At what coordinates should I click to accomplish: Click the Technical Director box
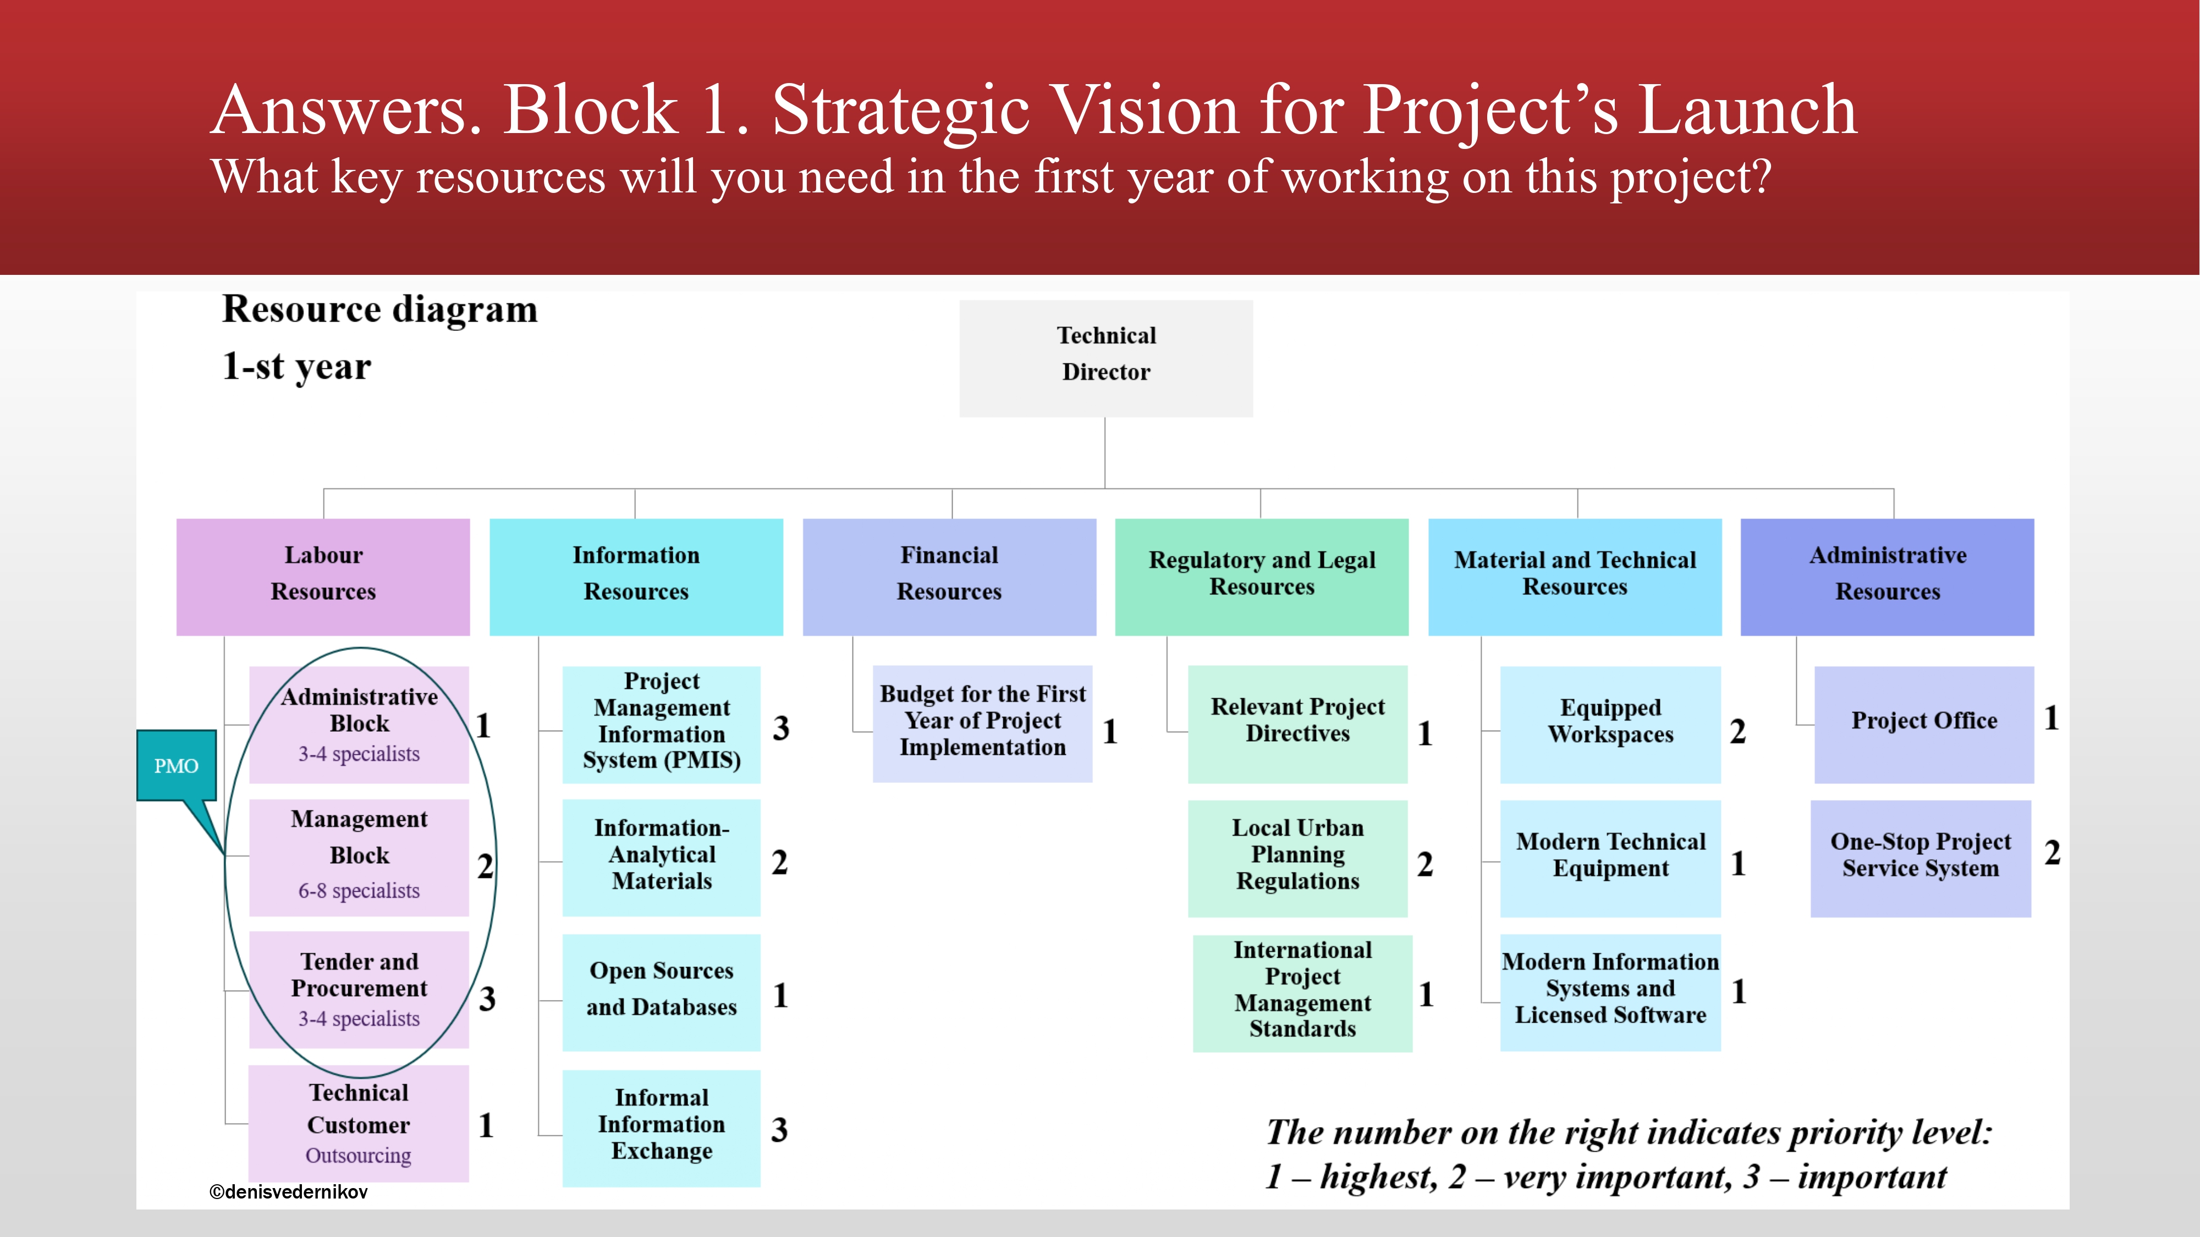pos(1106,358)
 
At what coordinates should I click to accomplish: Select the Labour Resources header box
pos(323,577)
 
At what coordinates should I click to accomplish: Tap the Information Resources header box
pos(636,577)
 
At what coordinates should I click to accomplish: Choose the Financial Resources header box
pos(950,577)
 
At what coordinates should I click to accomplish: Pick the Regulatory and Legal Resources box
pos(1262,577)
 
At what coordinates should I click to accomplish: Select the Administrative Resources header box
pos(1888,577)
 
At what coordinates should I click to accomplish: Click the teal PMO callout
pos(177,766)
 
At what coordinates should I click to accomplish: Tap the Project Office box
pos(1924,725)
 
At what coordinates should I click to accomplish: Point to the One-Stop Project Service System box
pos(1921,859)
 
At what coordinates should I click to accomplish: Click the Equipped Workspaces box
pos(1611,725)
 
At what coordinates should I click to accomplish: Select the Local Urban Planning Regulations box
pos(1298,859)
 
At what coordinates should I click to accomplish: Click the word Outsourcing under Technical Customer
pos(359,1155)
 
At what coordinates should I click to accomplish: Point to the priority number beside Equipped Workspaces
pos(1738,732)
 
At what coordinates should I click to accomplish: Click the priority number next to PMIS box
pos(780,728)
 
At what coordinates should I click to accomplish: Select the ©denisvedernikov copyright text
pos(289,1192)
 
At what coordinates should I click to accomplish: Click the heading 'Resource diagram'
pos(380,309)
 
